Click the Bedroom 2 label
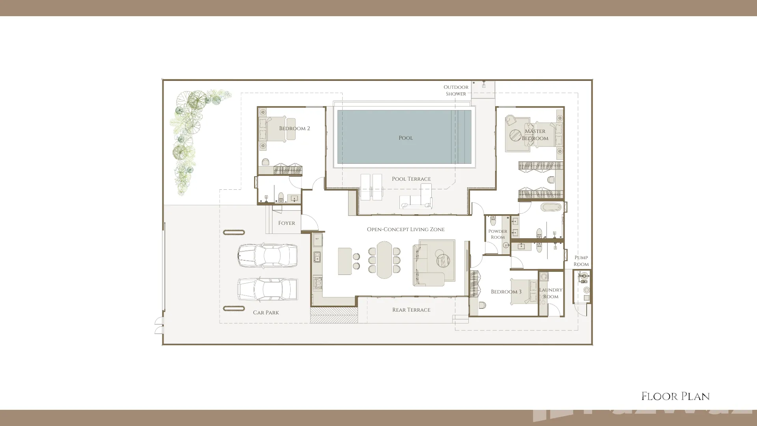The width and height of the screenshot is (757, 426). [295, 128]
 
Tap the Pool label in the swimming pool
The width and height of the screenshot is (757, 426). [406, 138]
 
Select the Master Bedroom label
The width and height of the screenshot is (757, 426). [535, 135]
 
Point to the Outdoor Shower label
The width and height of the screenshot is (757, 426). [456, 90]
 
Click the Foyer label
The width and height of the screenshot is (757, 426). [287, 223]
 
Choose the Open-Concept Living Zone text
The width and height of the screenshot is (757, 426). [406, 229]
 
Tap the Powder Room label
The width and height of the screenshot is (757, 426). [498, 234]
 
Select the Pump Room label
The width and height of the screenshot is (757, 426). [581, 261]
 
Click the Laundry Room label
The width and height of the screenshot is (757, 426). [551, 293]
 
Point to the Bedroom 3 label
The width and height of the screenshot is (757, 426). [506, 291]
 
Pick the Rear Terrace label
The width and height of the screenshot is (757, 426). [411, 310]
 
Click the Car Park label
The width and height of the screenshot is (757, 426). [266, 312]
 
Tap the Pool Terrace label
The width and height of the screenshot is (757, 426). [411, 179]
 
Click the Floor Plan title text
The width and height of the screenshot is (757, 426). [676, 396]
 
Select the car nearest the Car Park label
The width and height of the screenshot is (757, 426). [267, 289]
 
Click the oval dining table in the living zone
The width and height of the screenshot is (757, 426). [384, 260]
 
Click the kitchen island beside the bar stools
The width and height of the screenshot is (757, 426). [345, 261]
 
